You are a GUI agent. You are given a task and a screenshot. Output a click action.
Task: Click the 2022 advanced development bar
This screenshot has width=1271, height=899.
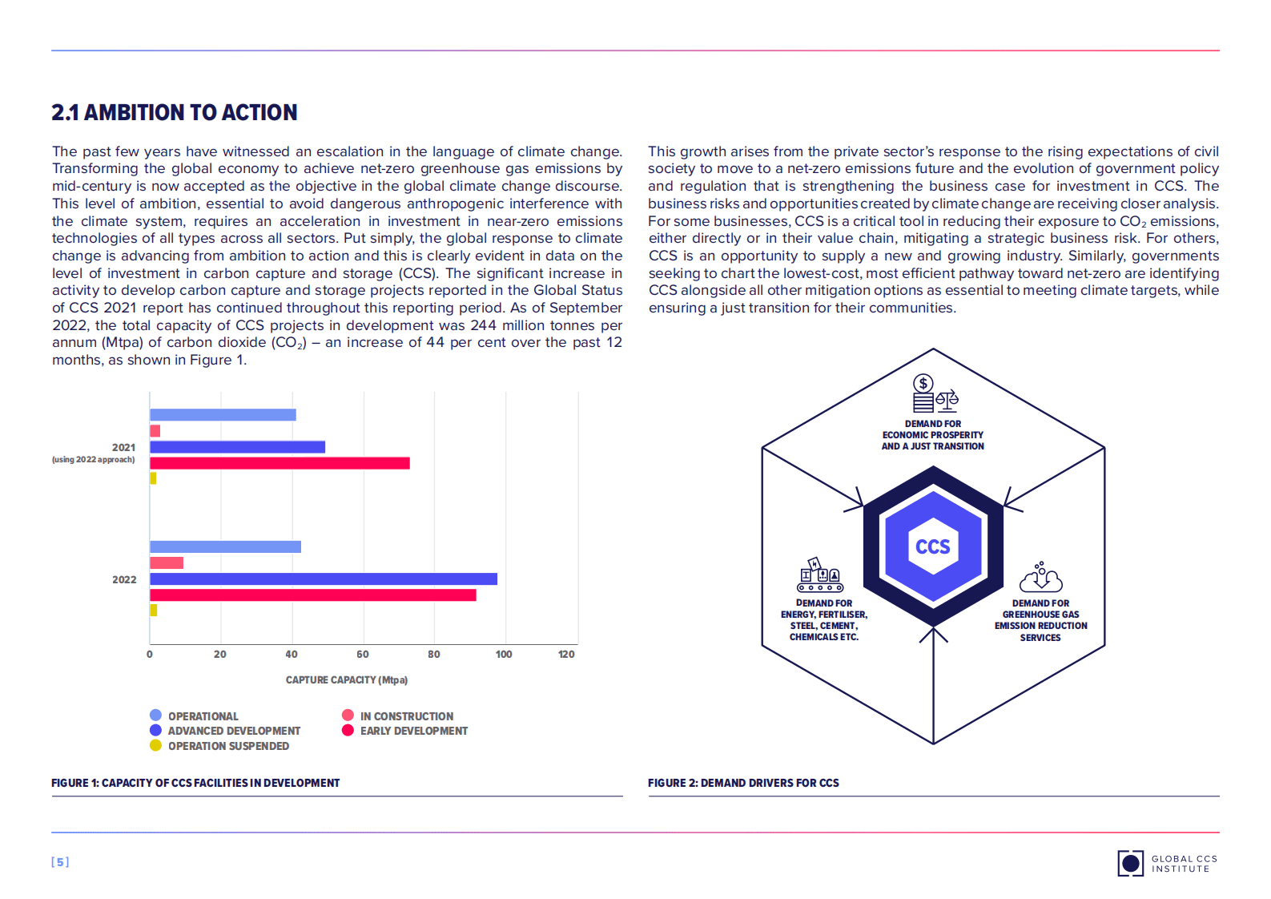click(323, 579)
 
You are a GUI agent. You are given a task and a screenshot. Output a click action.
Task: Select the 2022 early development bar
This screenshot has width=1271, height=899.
click(312, 595)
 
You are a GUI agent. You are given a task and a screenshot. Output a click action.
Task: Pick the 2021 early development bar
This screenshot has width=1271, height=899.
click(280, 463)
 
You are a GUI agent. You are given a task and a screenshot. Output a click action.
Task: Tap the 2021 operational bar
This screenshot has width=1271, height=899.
click(223, 414)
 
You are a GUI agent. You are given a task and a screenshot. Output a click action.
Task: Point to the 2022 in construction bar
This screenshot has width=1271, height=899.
click(167, 562)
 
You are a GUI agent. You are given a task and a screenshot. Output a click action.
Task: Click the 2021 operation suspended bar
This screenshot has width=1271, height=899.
click(153, 478)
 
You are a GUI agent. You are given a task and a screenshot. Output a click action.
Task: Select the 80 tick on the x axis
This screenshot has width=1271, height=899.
click(433, 654)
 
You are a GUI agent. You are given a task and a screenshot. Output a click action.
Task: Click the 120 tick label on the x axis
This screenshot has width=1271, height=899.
click(566, 654)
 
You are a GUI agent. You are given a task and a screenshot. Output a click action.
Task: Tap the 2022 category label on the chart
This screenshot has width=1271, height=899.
click(124, 579)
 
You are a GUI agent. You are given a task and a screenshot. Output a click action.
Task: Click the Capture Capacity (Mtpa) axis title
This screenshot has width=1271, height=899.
click(347, 679)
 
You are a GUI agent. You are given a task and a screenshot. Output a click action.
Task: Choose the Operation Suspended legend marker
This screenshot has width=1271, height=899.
click(155, 745)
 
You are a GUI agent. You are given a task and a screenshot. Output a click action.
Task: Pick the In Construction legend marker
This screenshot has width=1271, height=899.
click(348, 715)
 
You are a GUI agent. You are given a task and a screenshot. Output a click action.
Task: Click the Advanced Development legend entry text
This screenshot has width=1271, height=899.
click(234, 731)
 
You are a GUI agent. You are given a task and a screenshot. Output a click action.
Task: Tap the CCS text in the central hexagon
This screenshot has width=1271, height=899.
click(932, 546)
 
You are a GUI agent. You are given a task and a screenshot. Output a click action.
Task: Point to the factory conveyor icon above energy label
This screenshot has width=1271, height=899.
click(820, 575)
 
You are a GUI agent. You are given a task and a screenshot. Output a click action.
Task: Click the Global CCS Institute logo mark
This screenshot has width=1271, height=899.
click(1130, 863)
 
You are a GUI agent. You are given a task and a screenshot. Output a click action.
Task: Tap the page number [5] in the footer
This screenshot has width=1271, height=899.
click(60, 862)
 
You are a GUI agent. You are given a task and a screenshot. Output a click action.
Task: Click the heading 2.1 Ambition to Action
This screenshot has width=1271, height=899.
click(175, 113)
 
